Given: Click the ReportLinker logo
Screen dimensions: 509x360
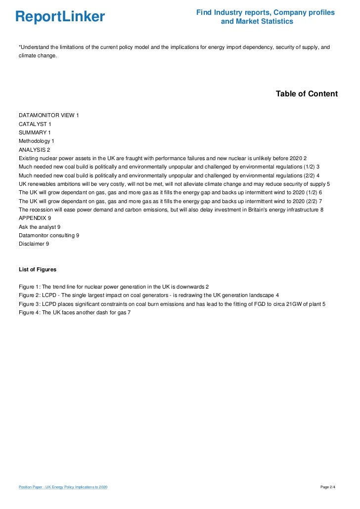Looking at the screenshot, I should coord(60,17).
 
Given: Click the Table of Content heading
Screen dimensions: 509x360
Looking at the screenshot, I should coord(307,94).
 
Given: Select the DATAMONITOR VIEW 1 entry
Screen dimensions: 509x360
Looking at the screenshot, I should coord(48,116).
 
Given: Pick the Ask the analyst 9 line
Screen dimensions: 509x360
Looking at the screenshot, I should coord(40,226).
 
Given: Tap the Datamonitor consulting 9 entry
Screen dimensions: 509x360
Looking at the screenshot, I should coord(48,235).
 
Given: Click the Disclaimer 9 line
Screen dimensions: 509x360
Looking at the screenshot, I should coord(34,244).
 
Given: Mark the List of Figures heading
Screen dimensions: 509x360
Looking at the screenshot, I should coord(38,269).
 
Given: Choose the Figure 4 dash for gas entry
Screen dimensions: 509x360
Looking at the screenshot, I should coord(74,312).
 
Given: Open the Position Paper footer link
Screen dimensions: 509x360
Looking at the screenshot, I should coord(63,488).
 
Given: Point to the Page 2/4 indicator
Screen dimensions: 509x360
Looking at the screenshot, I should coord(328,488).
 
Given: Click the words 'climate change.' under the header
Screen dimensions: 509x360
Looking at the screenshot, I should coord(38,55).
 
